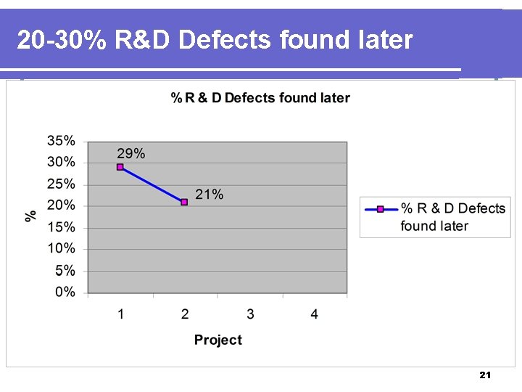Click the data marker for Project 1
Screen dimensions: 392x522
[120, 167]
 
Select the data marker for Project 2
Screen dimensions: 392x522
[184, 202]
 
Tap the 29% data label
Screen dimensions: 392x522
[131, 153]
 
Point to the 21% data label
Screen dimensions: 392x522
[210, 195]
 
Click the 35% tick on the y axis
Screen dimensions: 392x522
[61, 140]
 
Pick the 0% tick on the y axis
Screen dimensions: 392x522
[65, 292]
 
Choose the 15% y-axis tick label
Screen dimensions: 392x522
[61, 226]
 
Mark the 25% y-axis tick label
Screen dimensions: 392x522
[61, 184]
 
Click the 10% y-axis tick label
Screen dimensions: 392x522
[61, 248]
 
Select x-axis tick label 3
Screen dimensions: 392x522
[250, 314]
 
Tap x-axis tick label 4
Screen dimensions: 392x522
[314, 314]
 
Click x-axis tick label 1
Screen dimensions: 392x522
[120, 314]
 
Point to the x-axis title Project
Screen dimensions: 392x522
[217, 340]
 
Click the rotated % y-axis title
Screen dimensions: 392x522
[31, 216]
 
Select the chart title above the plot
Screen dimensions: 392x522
[260, 98]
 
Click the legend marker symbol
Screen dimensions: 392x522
[380, 209]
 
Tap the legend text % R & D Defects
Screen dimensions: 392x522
[452, 209]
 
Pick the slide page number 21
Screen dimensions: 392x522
[485, 375]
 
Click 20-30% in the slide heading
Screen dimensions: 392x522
[59, 40]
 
